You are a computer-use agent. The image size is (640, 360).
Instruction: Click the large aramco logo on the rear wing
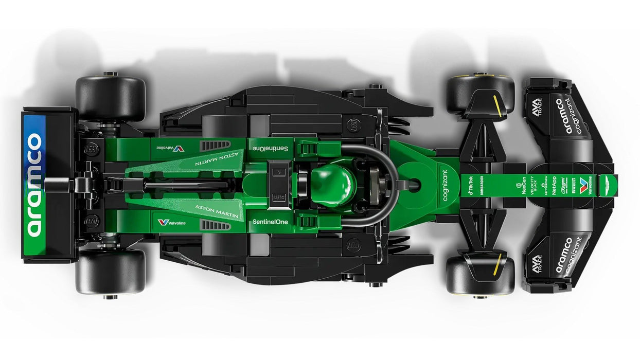tap(34, 185)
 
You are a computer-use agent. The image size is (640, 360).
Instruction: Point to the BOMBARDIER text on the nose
tap(482, 185)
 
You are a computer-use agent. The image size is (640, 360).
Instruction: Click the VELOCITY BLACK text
tap(534, 185)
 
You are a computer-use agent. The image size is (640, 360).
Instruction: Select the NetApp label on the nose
tap(554, 185)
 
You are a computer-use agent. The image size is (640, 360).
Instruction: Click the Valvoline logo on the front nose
tap(583, 185)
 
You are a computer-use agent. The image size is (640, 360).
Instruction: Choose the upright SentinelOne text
tap(270, 222)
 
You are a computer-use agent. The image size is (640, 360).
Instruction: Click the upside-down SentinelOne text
tap(270, 148)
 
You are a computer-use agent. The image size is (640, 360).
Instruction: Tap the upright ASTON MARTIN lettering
tap(217, 211)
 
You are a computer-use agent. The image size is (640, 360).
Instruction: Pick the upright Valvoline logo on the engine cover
tap(171, 222)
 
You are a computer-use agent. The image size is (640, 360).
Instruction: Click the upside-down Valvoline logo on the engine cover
tap(170, 148)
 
